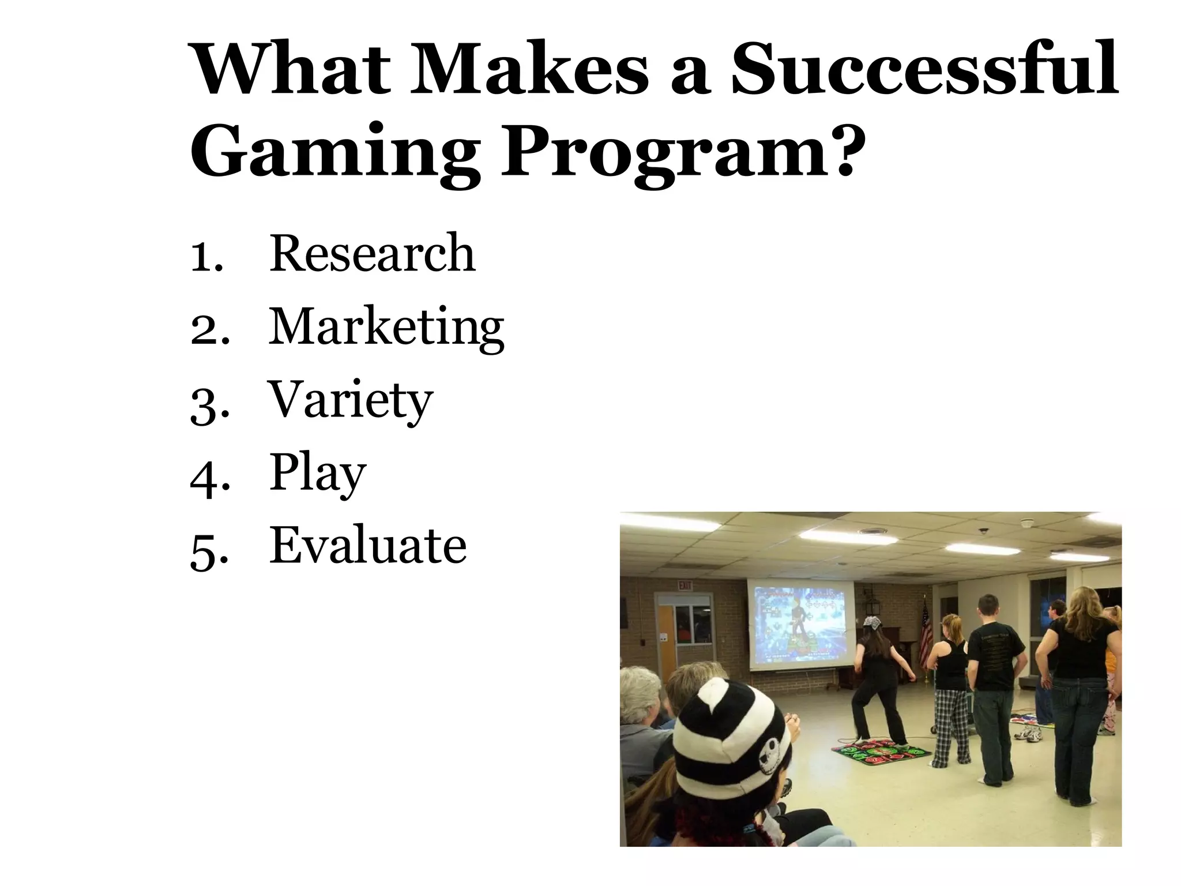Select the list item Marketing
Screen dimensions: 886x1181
pos(386,328)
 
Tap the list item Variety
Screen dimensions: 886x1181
pos(351,400)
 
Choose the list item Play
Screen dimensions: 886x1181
pos(318,473)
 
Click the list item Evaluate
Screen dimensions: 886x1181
pos(368,545)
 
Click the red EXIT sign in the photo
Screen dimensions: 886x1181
pos(685,585)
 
